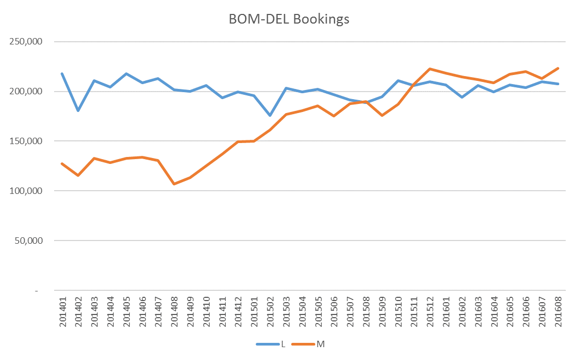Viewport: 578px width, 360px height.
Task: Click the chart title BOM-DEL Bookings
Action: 289,20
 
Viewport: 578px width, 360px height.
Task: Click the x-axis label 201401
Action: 62,312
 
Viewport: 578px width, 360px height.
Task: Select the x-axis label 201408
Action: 174,312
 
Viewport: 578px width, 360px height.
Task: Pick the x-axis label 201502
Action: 270,312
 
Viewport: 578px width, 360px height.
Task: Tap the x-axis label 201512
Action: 430,312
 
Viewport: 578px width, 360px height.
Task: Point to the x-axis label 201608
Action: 558,312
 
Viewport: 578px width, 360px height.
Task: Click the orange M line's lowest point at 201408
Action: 174,184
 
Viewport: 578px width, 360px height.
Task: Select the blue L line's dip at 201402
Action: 78,110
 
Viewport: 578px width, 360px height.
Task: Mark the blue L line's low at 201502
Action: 270,115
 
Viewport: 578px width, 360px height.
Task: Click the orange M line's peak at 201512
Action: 430,69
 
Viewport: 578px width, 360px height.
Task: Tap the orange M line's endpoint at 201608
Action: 558,68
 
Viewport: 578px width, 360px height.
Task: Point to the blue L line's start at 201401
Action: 62,73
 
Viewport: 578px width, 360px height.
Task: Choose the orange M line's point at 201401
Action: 62,163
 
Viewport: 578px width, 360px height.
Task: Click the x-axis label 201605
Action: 510,312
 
